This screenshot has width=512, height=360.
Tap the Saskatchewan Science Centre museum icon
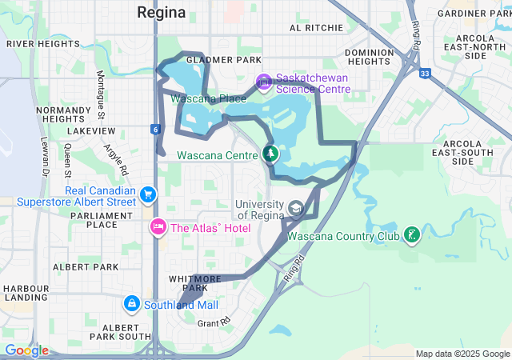[263, 82]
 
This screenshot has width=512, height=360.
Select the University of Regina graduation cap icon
[295, 210]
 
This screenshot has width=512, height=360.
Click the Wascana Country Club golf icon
[411, 235]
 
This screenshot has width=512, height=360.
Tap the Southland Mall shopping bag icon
[131, 304]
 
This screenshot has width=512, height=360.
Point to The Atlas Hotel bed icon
[158, 228]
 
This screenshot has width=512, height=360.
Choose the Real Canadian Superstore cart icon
[147, 194]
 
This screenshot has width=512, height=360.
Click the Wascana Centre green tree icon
[270, 154]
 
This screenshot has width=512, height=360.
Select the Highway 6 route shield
[154, 129]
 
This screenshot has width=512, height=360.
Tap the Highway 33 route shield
[424, 73]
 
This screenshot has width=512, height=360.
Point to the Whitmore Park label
[189, 282]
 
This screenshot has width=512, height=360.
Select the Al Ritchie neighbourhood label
[316, 27]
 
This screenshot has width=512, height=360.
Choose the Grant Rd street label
[214, 322]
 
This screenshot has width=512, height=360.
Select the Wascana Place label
[208, 98]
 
